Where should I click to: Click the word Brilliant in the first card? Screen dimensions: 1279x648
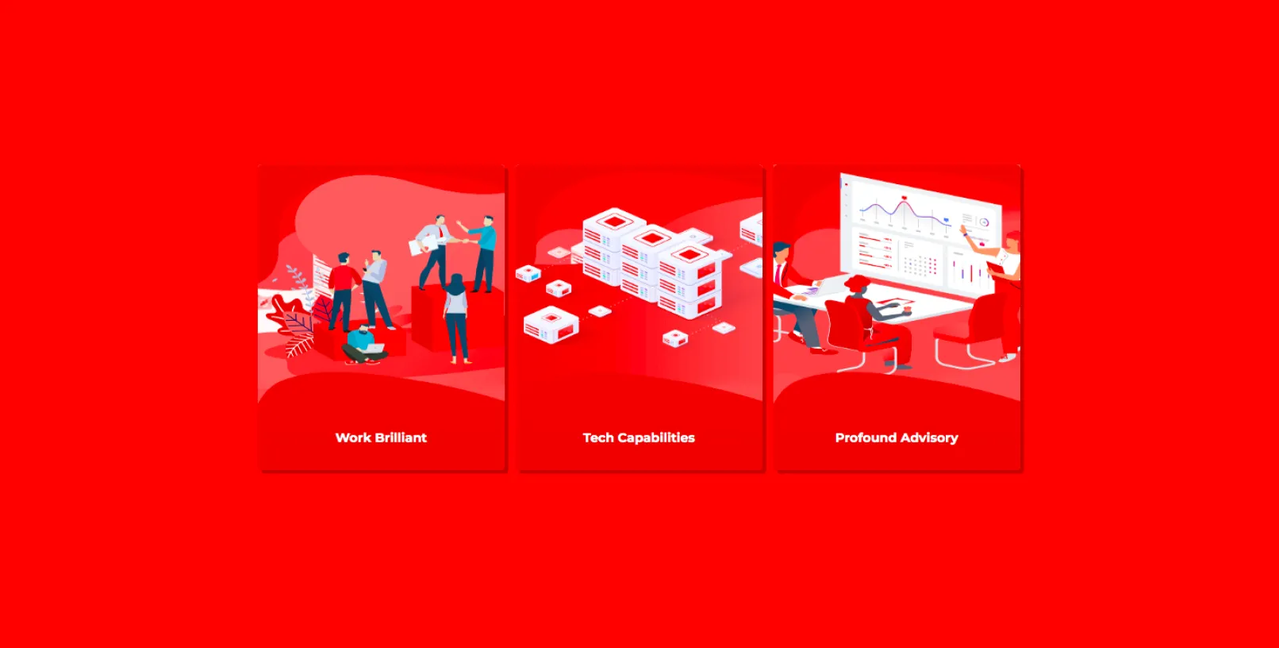(400, 438)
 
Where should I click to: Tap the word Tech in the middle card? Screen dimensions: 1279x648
(597, 438)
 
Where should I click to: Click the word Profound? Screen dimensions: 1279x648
(862, 438)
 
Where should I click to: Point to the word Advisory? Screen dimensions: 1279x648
(927, 438)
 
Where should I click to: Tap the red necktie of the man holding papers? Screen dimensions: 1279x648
(441, 231)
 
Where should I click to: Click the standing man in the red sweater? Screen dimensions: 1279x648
(344, 291)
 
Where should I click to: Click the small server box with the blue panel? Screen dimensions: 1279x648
(528, 274)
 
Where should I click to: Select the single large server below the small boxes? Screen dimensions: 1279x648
(551, 325)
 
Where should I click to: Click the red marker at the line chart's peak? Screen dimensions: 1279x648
(904, 199)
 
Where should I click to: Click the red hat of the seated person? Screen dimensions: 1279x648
(857, 282)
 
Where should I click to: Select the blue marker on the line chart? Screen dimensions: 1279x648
(946, 220)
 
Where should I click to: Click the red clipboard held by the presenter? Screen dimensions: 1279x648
(996, 268)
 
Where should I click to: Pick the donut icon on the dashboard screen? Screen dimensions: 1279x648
(984, 222)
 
